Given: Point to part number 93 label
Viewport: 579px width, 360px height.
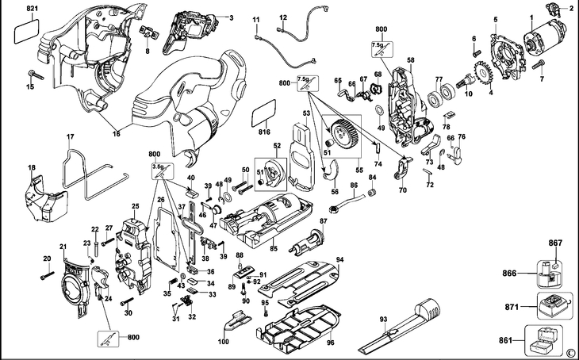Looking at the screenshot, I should [x=383, y=320].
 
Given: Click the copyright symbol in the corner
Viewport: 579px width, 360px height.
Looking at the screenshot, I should [x=569, y=351].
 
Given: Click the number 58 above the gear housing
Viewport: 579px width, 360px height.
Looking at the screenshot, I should [x=411, y=61].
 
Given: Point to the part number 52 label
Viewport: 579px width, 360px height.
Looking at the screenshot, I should [x=277, y=146].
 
